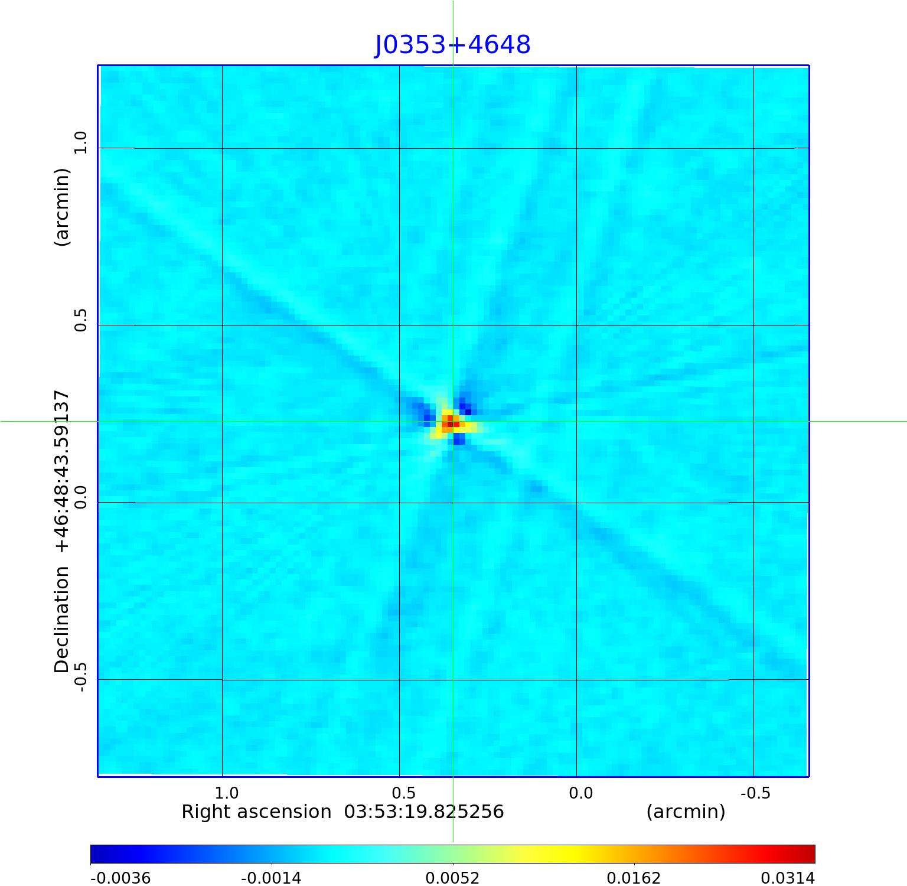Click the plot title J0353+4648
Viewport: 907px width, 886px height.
[453, 45]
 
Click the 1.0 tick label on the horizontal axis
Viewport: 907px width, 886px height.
[226, 793]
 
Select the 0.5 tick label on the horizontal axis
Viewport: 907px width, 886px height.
[403, 793]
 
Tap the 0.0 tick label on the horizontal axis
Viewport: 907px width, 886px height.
[580, 793]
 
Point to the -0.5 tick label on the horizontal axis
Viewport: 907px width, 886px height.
[755, 793]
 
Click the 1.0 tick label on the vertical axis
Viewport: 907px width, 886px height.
[80, 142]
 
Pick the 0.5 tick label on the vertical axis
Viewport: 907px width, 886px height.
[80, 320]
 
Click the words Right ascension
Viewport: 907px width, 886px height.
[256, 812]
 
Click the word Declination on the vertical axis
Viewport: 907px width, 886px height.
[62, 620]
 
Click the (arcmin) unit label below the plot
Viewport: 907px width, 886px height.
[686, 812]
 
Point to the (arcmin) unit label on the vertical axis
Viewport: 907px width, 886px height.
[62, 207]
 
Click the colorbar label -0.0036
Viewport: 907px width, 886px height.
[120, 878]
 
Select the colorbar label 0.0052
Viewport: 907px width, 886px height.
[452, 878]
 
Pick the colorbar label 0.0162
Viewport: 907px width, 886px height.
[634, 878]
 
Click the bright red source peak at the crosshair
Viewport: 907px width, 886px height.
[451, 424]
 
